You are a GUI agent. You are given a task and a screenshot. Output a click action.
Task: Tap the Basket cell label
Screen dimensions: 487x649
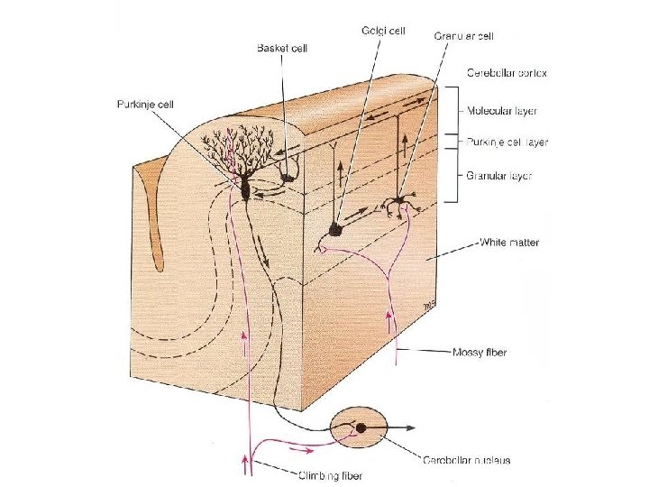point(282,48)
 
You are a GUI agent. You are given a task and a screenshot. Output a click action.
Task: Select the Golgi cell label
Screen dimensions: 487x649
point(383,30)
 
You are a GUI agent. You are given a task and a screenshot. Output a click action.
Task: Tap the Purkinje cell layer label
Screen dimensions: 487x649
point(507,142)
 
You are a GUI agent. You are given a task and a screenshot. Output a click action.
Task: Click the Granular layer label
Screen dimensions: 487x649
point(498,176)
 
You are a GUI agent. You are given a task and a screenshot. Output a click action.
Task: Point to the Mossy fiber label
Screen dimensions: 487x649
point(479,352)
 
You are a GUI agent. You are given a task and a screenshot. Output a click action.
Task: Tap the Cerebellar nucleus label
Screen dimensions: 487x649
point(467,460)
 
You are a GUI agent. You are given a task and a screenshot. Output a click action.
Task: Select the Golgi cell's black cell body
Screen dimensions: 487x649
point(335,230)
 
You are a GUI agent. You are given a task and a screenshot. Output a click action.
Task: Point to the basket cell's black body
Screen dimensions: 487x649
point(288,177)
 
